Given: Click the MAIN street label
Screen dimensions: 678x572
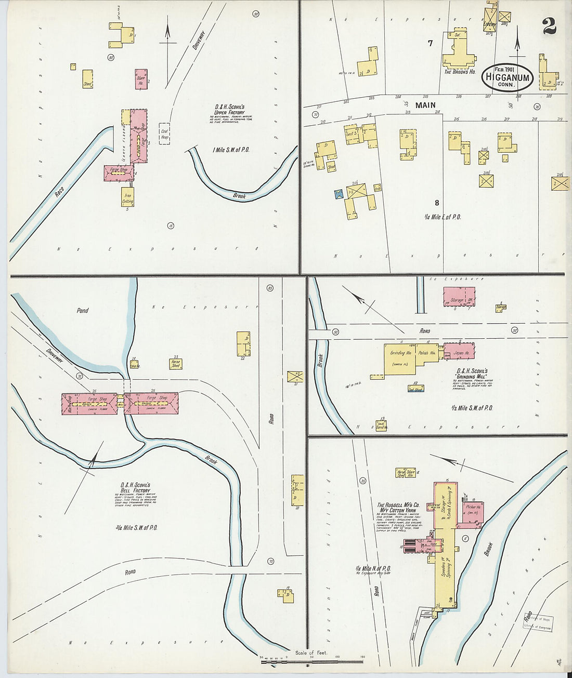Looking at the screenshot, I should pos(425,105).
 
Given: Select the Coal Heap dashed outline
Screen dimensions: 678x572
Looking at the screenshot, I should pos(164,134).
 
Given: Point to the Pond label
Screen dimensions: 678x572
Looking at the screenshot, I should pos(83,311).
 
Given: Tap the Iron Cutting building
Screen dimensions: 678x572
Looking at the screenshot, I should pos(127,196).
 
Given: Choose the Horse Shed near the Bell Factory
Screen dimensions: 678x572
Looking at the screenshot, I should pos(176,364).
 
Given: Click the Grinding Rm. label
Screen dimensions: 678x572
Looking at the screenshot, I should pos(401,353).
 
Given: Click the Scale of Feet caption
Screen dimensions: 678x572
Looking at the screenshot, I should pos(311,653).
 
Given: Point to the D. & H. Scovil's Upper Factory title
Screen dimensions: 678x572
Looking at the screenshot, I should pos(226,110).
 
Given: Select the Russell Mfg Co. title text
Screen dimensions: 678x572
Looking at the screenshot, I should pos(398,507).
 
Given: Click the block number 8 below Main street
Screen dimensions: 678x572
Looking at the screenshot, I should pos(437,203).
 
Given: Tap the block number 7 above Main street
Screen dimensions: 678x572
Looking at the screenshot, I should pos(430,44).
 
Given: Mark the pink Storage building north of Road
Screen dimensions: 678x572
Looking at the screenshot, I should pos(458,297).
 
